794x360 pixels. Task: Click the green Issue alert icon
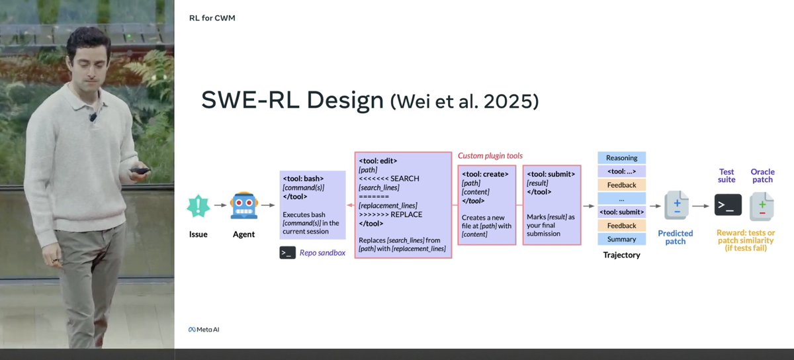point(198,206)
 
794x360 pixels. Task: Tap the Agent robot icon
point(243,206)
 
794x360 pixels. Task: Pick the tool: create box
point(486,204)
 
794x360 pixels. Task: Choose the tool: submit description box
point(552,204)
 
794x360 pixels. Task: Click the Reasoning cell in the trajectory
point(621,158)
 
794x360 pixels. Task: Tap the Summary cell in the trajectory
point(621,239)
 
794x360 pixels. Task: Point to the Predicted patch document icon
point(676,206)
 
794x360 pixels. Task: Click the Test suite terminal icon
point(727,205)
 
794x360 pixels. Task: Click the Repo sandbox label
point(322,253)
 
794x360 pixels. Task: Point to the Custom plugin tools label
point(490,156)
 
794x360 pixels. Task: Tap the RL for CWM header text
point(212,18)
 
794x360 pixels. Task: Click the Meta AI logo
point(203,329)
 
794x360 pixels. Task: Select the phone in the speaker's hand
point(140,170)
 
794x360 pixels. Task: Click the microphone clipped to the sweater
point(93,117)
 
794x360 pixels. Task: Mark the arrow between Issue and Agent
point(220,206)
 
